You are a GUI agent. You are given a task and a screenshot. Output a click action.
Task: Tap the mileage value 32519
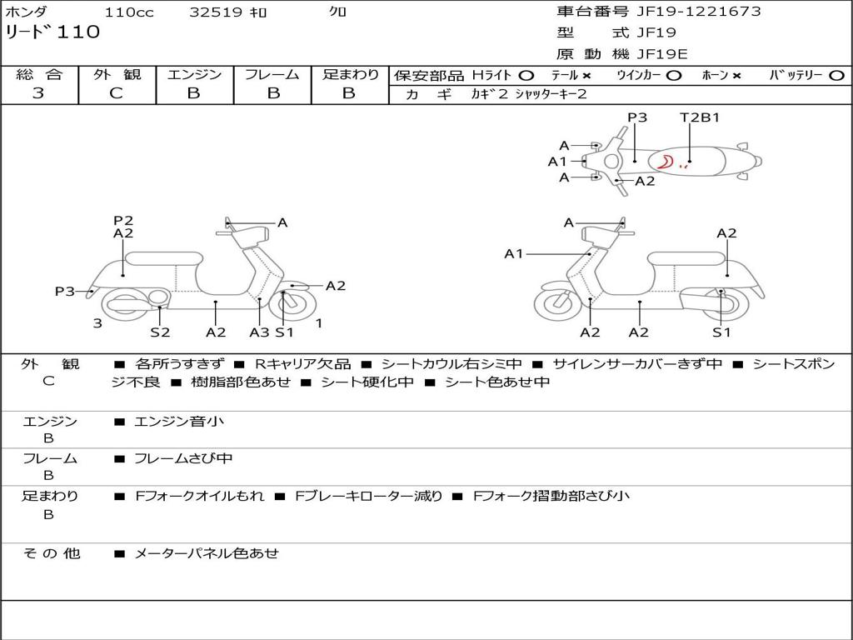tap(216, 12)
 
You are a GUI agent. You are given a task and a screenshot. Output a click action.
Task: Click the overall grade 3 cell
tap(38, 93)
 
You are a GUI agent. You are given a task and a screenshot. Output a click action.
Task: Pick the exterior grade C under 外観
tap(116, 93)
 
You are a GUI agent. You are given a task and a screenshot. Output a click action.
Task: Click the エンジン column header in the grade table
tap(194, 74)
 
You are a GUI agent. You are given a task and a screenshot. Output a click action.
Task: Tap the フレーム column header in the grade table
tap(272, 74)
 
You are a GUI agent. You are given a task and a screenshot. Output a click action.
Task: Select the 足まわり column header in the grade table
tap(350, 74)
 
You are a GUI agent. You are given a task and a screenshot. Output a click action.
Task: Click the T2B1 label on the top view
tap(700, 117)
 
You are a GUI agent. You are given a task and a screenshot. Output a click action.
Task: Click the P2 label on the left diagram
tap(123, 221)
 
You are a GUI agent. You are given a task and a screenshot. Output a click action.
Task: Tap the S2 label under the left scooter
tap(160, 332)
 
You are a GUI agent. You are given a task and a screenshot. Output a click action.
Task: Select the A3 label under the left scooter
tap(259, 332)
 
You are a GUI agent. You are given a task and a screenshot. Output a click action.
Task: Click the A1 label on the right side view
tap(513, 253)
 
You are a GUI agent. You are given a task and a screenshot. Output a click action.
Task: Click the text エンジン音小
tap(179, 422)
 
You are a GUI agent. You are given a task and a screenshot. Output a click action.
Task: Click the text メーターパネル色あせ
tap(206, 552)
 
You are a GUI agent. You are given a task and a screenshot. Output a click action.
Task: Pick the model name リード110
tap(52, 32)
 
